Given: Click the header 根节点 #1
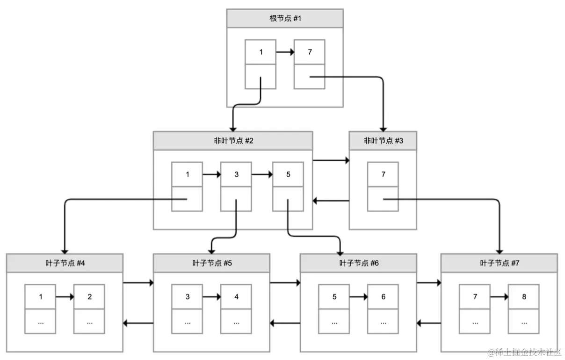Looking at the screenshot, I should pos(285,18).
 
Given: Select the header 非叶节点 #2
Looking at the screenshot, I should pos(233,141).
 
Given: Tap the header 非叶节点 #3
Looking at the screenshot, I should pos(383,141).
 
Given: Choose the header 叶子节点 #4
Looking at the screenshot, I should pos(65,263).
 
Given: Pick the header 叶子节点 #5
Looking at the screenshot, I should pos(212,263).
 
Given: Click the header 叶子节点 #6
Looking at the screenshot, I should pos(358,263).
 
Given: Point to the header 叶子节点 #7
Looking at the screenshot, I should pos(499,263).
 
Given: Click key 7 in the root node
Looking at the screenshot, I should pos(309,52).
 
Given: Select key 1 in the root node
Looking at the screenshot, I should pos(261,52).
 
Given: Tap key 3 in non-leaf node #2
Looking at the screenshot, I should pos(236,174).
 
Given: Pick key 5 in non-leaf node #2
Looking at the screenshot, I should pos(288,174).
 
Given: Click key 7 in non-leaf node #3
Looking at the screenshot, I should pos(383,174).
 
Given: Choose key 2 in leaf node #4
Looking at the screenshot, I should pos(89,296).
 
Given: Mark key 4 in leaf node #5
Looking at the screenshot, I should pos(236,296).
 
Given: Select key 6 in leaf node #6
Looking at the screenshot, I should pos(383,296).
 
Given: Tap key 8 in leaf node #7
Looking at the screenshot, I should pos(523,296).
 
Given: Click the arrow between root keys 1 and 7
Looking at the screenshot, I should pos(285,52).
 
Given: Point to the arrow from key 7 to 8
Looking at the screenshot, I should pos(499,296).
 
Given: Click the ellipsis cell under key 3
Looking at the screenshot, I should pos(187,322).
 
